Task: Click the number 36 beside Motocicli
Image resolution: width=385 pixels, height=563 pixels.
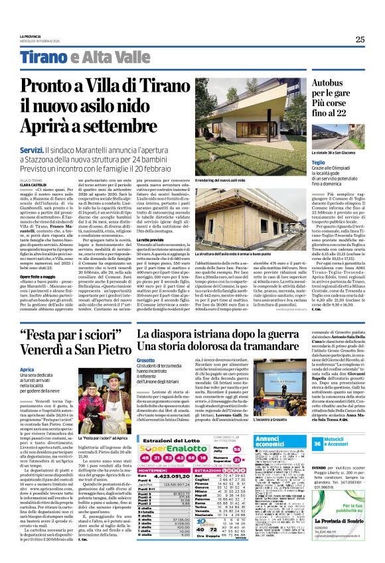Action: (x=336, y=443)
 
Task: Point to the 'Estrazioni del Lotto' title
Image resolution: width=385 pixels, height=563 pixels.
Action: (x=169, y=440)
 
